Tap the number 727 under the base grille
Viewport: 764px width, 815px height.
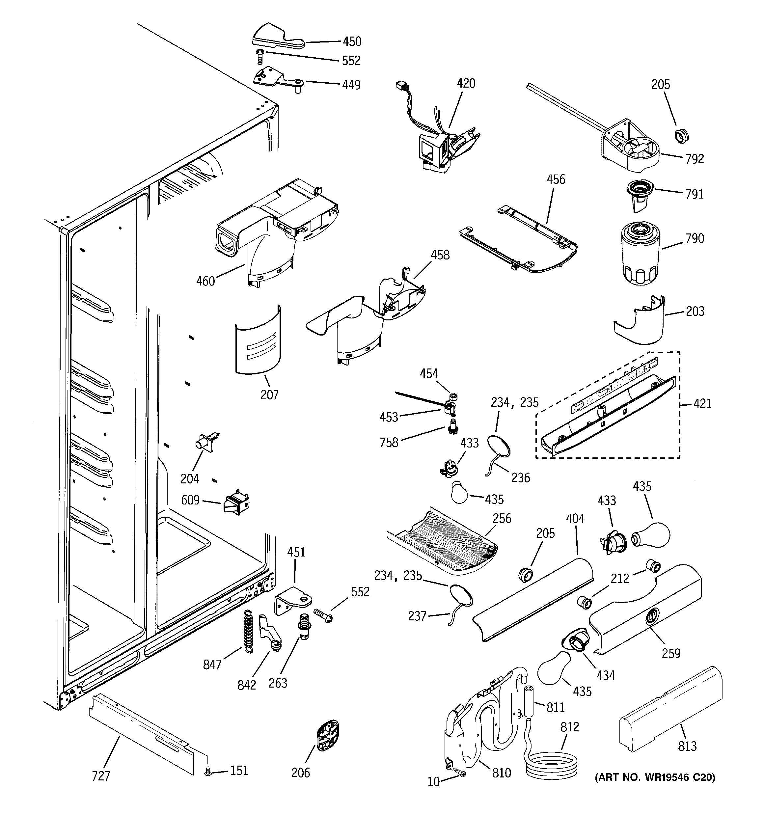pos(101,776)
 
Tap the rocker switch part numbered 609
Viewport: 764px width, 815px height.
pos(236,503)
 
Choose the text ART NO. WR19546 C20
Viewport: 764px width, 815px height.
pos(655,777)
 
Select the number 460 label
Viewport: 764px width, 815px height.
pos(205,281)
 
